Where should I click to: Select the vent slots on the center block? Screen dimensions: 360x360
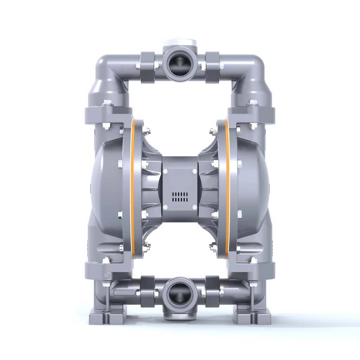(x=180, y=197)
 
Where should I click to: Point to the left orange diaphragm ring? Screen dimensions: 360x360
(x=133, y=190)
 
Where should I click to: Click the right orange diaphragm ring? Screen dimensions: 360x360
(x=227, y=190)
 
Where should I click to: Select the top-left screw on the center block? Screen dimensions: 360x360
(x=165, y=171)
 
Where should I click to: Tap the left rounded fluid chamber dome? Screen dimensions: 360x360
(x=105, y=183)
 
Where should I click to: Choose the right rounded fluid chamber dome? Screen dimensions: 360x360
(x=254, y=183)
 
